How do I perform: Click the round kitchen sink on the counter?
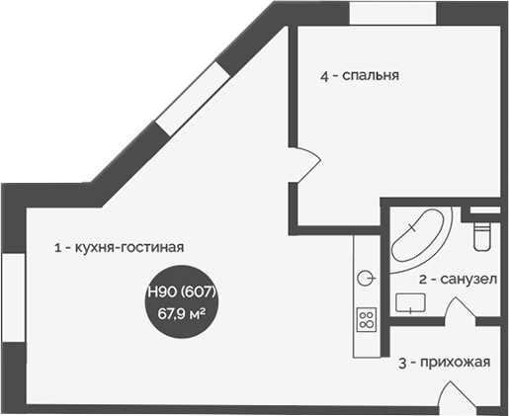click(x=366, y=278)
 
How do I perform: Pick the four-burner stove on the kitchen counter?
click(x=366, y=319)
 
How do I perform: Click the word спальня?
click(x=371, y=76)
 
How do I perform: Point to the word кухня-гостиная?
click(x=127, y=248)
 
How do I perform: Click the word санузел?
click(x=463, y=280)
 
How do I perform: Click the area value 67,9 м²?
click(x=182, y=313)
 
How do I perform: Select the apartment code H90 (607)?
click(x=182, y=292)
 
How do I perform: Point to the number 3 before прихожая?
click(x=402, y=362)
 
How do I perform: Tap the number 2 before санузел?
click(x=422, y=280)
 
